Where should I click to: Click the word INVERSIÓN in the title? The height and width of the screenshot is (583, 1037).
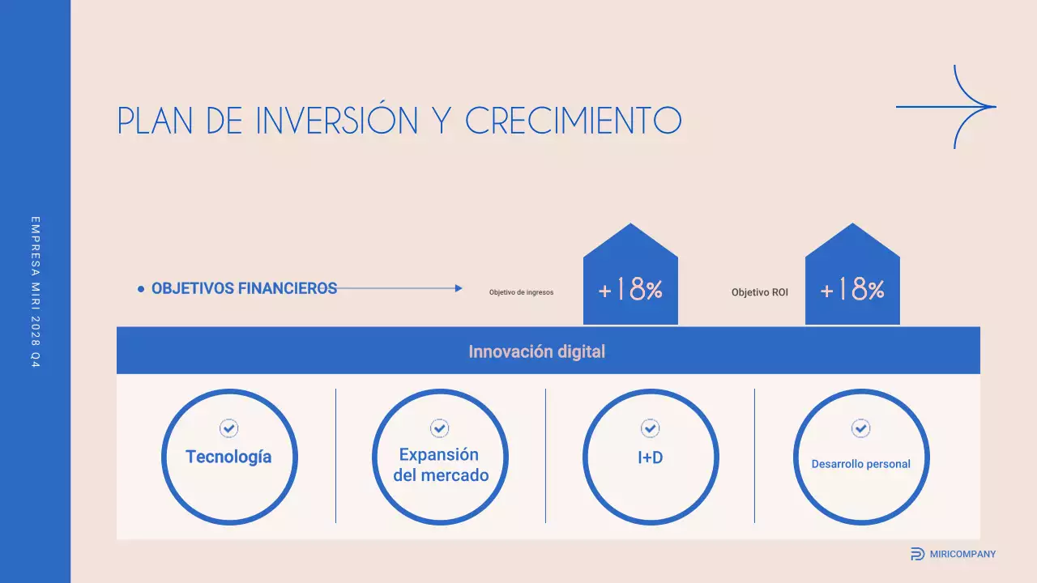tap(336, 121)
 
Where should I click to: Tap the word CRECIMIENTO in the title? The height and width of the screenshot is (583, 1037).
tap(573, 121)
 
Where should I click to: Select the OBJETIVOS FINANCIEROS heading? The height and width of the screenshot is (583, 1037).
tap(244, 288)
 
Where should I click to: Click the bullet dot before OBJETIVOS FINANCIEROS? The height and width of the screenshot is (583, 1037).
tap(141, 288)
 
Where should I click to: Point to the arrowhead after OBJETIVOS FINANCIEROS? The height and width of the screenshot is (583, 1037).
tap(459, 288)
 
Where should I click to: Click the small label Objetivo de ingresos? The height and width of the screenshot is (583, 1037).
tap(521, 292)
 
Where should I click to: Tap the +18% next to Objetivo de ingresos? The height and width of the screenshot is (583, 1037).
tap(630, 290)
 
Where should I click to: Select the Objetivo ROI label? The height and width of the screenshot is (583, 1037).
tap(759, 292)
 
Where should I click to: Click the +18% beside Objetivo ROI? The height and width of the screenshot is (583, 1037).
tap(852, 290)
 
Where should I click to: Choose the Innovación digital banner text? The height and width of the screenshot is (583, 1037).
tap(536, 351)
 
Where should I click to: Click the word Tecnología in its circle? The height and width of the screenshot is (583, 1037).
tap(228, 457)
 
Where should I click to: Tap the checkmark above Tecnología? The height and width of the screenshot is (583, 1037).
tap(228, 428)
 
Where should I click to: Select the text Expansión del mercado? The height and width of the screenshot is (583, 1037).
tap(440, 465)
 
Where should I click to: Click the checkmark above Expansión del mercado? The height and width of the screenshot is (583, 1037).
tap(439, 428)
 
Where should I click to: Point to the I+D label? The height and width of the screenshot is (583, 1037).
tap(650, 457)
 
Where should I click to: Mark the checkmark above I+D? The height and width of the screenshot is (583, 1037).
tap(650, 428)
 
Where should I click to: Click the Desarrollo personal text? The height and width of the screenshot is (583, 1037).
tap(860, 464)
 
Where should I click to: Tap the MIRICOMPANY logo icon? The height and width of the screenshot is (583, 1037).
tap(917, 554)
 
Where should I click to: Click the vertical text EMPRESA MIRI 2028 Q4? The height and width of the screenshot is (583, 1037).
tap(35, 291)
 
